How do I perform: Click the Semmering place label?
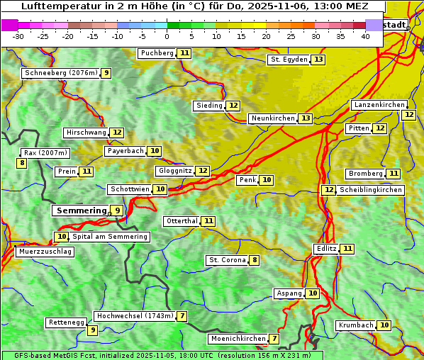[80, 210]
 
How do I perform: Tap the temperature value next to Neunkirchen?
[305, 118]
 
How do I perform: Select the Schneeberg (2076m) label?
[60, 73]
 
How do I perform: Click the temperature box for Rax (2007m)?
[22, 163]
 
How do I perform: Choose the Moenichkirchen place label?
[238, 339]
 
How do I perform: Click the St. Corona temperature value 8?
[255, 260]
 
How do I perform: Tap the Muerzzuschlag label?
[44, 252]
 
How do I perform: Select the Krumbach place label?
[355, 325]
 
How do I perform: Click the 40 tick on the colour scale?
[365, 36]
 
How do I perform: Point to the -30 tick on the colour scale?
[18, 36]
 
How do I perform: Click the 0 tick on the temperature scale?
[167, 36]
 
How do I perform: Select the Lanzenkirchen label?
[379, 105]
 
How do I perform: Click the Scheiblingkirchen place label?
[370, 190]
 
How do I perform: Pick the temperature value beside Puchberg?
[184, 53]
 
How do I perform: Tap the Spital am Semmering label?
[109, 237]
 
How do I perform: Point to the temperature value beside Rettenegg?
[92, 330]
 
